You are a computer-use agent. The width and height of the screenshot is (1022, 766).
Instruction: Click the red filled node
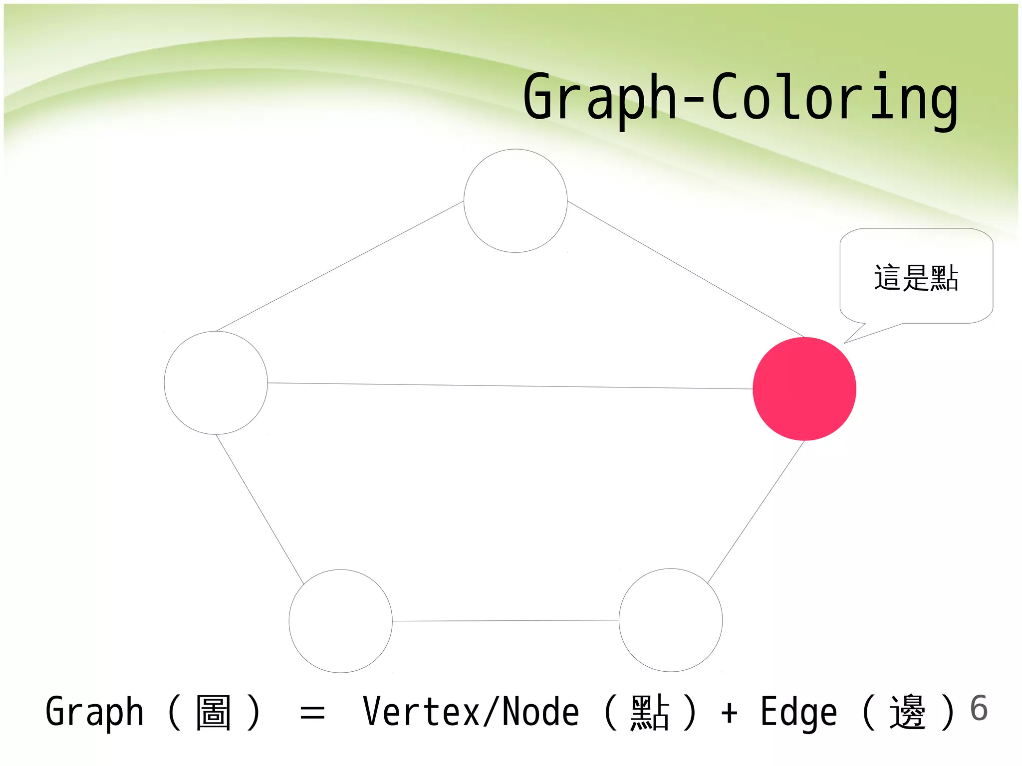(x=804, y=389)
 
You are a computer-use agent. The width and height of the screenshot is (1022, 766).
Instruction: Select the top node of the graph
(x=515, y=201)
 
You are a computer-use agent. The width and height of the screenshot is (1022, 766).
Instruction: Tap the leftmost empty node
(x=216, y=383)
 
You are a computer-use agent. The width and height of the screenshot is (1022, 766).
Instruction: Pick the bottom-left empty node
(x=341, y=621)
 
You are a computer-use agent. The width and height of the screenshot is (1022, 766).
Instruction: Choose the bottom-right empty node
(x=671, y=620)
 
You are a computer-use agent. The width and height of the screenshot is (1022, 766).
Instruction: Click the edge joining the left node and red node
(x=509, y=386)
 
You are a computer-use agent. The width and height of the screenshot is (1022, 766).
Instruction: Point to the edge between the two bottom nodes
(x=505, y=621)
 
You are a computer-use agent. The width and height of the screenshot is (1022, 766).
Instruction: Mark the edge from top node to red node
(x=686, y=269)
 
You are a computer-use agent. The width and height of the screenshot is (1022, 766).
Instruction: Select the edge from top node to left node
(x=339, y=266)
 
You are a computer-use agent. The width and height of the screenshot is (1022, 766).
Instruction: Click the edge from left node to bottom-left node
(x=259, y=509)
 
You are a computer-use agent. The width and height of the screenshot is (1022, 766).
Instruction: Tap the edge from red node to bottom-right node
(x=756, y=512)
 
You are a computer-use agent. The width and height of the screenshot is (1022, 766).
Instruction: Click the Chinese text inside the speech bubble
(x=916, y=278)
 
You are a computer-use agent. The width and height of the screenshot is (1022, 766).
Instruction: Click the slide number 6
(x=979, y=708)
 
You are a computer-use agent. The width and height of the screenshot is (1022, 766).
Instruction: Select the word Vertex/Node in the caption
(x=471, y=712)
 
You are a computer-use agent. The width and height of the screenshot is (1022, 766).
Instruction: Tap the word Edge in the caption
(x=798, y=712)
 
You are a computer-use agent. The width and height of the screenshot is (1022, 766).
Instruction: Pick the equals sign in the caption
(x=312, y=713)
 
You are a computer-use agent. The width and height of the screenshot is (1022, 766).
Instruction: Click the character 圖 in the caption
(x=214, y=712)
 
